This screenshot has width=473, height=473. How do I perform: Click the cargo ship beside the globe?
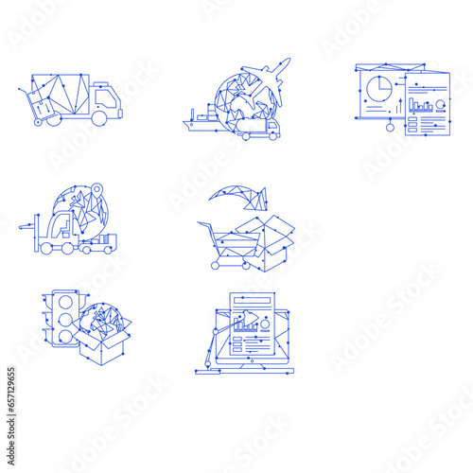pyautogui.click(x=201, y=119)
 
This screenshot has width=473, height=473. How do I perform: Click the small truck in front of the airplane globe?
pyautogui.click(x=260, y=129)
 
